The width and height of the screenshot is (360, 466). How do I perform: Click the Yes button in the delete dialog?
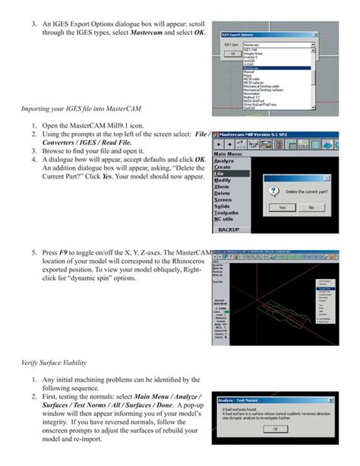pyautogui.click(x=283, y=207)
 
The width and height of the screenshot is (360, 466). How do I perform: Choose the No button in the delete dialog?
pyautogui.click(x=311, y=207)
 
